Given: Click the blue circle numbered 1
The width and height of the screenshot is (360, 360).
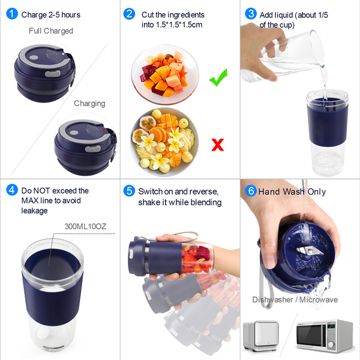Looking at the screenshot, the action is [12, 14].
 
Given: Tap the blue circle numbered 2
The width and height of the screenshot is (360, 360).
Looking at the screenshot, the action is [129, 14].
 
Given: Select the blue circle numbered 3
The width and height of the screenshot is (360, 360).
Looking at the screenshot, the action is [251, 14].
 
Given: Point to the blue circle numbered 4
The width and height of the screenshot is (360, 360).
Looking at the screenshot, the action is [12, 190].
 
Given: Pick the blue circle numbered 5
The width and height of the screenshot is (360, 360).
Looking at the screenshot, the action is [129, 191].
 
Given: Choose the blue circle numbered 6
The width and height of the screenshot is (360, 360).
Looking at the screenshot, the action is [251, 191].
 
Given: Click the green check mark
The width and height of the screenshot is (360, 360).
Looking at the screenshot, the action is [218, 77].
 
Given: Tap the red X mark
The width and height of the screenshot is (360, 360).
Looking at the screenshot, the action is [217, 145].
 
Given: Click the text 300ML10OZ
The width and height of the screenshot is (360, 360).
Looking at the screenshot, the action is [85, 226].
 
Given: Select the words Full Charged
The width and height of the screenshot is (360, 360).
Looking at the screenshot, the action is [51, 31].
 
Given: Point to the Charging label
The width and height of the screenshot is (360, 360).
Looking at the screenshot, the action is [89, 104].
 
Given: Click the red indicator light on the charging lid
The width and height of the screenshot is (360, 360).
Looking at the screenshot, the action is [104, 130].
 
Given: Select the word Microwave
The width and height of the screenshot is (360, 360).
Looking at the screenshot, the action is [319, 299].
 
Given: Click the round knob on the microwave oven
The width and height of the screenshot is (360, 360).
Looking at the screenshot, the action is [331, 344].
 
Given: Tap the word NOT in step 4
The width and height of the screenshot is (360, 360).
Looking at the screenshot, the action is [40, 191].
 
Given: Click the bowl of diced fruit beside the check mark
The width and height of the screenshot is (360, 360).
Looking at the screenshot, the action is [165, 74].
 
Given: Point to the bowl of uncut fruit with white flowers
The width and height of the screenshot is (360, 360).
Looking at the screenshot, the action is [164, 142].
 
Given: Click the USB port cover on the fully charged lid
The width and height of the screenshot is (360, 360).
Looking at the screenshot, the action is [53, 74].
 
